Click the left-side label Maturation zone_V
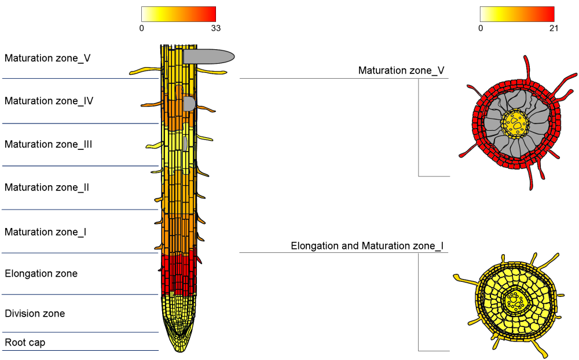point(47,58)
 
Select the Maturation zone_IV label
point(49,101)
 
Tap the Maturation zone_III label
point(49,144)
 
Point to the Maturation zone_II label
point(47,188)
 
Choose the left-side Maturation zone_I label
point(46,232)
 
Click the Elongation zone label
point(41,273)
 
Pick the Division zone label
point(35,314)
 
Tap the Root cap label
point(25,343)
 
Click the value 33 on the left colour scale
point(215,28)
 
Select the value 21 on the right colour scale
point(554,28)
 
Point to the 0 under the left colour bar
point(142,28)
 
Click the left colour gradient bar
point(178,14)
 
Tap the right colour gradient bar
point(517,14)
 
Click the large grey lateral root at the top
point(208,56)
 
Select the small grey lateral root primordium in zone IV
point(189,104)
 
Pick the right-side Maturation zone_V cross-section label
point(401,71)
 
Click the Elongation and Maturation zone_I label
point(367,246)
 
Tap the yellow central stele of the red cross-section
point(515,122)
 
